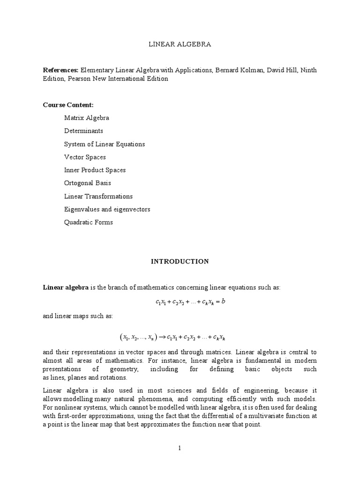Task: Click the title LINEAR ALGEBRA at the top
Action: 180,45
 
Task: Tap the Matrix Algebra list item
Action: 87,118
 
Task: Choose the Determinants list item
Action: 83,131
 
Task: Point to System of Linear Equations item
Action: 105,144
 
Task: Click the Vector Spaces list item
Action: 85,157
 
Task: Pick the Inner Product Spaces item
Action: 95,170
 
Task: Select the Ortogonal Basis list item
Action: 88,183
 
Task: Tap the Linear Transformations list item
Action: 98,196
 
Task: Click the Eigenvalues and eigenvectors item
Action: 107,209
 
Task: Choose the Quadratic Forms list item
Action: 89,222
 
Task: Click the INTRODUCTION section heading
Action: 180,262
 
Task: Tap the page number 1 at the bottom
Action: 180,448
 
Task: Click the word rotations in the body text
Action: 114,378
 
